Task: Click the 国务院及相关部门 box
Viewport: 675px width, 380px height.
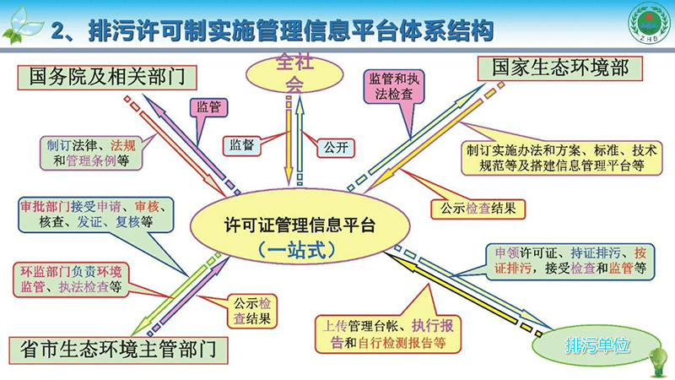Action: click(x=107, y=78)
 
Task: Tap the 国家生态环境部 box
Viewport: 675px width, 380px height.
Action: click(x=560, y=68)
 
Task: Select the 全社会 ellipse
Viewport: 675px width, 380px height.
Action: click(x=294, y=74)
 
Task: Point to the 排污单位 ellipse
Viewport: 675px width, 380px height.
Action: click(x=597, y=345)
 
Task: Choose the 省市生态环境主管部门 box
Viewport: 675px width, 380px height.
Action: click(x=118, y=350)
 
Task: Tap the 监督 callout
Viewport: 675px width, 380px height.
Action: click(x=242, y=145)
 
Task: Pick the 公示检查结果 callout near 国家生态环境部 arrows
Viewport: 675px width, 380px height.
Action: click(x=478, y=209)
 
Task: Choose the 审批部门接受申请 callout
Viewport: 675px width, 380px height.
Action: click(x=96, y=214)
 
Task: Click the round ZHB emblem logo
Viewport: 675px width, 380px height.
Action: click(x=650, y=24)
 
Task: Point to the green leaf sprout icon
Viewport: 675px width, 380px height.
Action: click(x=19, y=25)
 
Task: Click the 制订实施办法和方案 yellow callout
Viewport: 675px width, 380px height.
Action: click(x=561, y=159)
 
